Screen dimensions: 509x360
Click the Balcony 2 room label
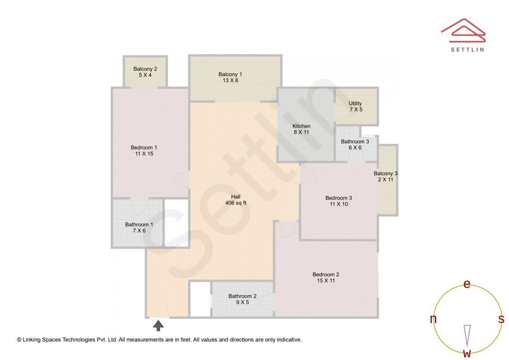pyautogui.click(x=145, y=69)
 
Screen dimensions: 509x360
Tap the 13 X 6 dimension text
pyautogui.click(x=230, y=80)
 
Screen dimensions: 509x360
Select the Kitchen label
pyautogui.click(x=301, y=126)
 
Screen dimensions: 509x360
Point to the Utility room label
pyautogui.click(x=355, y=104)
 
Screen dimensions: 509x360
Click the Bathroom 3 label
pyautogui.click(x=355, y=141)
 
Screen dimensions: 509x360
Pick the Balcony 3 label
pyautogui.click(x=386, y=173)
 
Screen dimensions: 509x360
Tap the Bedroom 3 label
pyautogui.click(x=338, y=198)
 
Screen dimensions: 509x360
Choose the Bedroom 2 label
pyautogui.click(x=326, y=275)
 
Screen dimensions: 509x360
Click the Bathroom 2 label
pyautogui.click(x=242, y=296)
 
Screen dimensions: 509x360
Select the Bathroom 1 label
pyautogui.click(x=139, y=225)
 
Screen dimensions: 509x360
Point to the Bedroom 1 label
pyautogui.click(x=144, y=147)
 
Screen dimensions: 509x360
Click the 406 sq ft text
pyautogui.click(x=236, y=203)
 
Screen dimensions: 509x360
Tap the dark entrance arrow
pyautogui.click(x=158, y=325)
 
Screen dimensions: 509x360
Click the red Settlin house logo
pyautogui.click(x=463, y=30)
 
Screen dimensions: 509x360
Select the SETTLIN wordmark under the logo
pyautogui.click(x=468, y=49)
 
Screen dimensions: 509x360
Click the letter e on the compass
pyautogui.click(x=467, y=284)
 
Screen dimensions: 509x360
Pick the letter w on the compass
pyautogui.click(x=467, y=353)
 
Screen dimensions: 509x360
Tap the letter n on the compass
pyautogui.click(x=433, y=319)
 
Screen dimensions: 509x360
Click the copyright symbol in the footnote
pyautogui.click(x=19, y=340)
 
